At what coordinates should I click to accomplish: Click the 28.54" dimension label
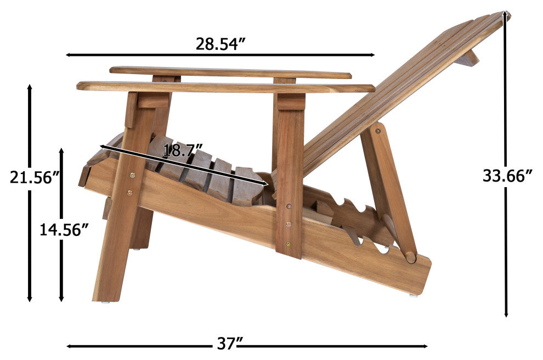tap(220, 44)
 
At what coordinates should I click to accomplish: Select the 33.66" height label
tap(507, 176)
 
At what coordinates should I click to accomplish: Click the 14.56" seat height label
tap(64, 229)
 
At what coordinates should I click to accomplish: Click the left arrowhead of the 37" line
tap(69, 346)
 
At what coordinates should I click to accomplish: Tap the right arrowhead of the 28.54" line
tap(372, 55)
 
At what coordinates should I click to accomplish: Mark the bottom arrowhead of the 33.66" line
tap(506, 314)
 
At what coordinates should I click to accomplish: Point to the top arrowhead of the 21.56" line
tap(30, 88)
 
